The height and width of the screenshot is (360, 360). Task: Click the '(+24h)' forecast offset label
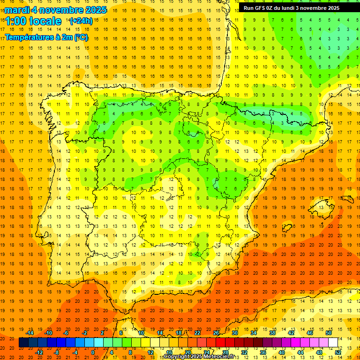[x=81, y=21]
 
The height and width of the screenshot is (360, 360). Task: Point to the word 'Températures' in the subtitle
[x=28, y=37]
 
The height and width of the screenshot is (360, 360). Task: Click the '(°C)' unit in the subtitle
[x=80, y=37]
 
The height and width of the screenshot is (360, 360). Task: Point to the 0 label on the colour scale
[x=92, y=352]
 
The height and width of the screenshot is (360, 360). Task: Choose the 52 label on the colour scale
[x=337, y=352]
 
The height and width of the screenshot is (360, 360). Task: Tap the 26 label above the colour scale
[x=216, y=333]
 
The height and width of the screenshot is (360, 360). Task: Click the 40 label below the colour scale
[x=281, y=352]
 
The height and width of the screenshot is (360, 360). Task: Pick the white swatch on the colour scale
[x=333, y=343]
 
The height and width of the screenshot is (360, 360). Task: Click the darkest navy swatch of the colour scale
[x=23, y=343]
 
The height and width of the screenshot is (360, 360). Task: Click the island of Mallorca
[x=322, y=206]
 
